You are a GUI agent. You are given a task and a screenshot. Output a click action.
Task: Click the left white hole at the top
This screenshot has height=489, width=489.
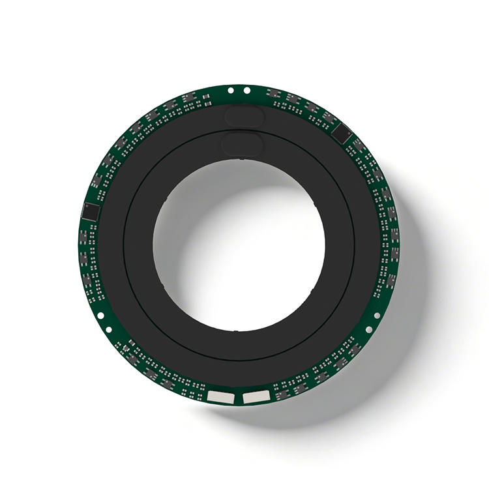(231, 89)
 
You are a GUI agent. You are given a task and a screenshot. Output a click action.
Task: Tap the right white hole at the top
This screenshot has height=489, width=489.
(247, 89)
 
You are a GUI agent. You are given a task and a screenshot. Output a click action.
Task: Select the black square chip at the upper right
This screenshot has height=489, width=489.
(342, 135)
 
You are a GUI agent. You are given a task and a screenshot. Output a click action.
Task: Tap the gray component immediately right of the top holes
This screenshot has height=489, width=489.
(273, 93)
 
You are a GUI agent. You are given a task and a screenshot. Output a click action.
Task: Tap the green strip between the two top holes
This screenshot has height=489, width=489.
(239, 89)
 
